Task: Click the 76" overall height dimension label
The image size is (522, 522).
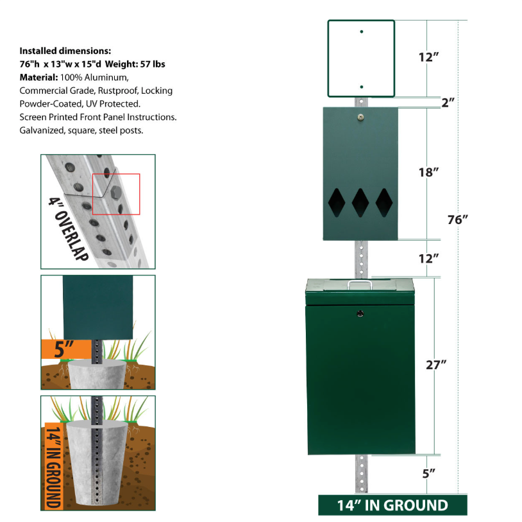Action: tap(457, 220)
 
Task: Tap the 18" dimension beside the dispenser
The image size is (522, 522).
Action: tap(428, 172)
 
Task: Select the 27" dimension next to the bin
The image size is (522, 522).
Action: tap(436, 365)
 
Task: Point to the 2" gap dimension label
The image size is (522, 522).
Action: tap(448, 102)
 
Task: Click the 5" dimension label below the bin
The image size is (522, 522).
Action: tap(429, 473)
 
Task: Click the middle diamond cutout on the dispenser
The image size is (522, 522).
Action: tap(360, 203)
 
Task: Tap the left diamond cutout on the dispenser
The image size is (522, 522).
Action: tap(337, 203)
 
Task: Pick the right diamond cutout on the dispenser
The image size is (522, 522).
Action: tap(384, 203)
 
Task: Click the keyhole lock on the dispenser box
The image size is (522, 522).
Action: tap(360, 117)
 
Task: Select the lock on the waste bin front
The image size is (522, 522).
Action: tap(360, 313)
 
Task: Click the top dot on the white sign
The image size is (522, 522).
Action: tap(362, 31)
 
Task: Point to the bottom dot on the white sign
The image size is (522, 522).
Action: tap(362, 87)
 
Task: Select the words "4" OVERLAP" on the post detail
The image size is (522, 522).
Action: tap(69, 229)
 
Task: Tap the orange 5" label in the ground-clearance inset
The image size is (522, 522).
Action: tap(63, 349)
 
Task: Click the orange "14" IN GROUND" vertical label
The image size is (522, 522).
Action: tap(54, 465)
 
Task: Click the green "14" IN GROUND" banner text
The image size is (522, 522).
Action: tap(392, 506)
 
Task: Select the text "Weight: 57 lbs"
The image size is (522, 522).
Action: tap(135, 64)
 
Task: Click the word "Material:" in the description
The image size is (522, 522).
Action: tap(38, 77)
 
